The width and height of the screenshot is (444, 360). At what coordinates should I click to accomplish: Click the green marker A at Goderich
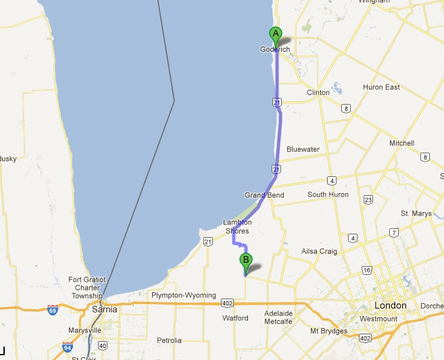pos(275,34)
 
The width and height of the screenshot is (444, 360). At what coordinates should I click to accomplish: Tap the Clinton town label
pos(318,93)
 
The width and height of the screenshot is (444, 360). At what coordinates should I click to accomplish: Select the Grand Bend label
pos(264,195)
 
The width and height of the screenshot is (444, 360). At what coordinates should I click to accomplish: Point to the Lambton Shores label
pos(237,226)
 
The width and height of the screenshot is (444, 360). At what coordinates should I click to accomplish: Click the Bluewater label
pos(303,149)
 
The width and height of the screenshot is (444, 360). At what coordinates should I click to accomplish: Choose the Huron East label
pos(383,87)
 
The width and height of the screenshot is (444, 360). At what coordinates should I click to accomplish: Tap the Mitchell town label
pos(401,143)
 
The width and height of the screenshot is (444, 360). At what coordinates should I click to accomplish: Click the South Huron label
pos(328,195)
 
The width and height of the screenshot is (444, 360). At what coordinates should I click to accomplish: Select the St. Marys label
pos(415,213)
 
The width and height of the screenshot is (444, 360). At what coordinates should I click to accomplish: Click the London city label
pos(391,305)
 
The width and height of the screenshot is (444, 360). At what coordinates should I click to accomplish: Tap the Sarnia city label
pos(103,309)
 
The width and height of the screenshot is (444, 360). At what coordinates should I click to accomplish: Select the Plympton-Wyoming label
pos(183,295)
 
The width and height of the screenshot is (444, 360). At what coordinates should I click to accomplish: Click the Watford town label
pos(235,318)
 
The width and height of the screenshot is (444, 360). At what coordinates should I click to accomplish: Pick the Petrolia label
pos(168,340)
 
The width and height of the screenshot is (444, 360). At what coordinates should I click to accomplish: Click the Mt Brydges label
pos(328,331)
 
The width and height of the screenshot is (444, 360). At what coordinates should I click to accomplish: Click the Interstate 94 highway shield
pos(67,348)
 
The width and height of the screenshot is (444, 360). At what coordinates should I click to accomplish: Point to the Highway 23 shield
pos(368,199)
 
